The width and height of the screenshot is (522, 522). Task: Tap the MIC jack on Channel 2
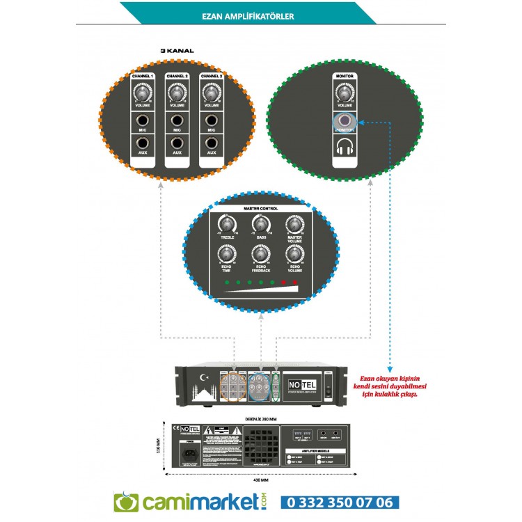coord(177,121)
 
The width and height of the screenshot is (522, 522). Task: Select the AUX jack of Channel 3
coord(211,143)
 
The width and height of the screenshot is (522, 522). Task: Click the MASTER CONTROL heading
coord(261,209)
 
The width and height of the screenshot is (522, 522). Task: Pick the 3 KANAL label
coord(177,51)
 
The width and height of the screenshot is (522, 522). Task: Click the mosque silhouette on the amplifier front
coord(203,394)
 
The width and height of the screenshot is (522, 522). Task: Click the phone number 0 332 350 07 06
coord(340,503)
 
